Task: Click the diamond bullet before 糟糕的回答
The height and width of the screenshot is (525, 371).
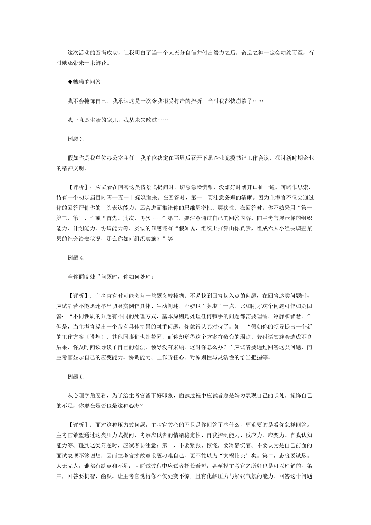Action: tap(70, 82)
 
